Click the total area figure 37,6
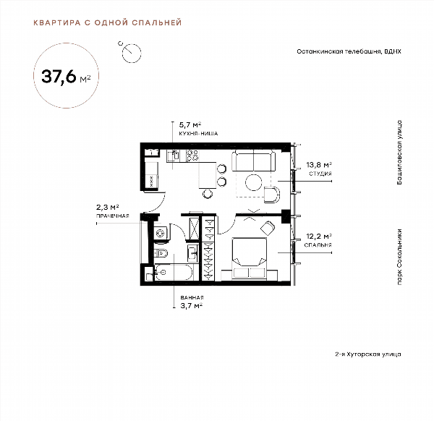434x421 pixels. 59,76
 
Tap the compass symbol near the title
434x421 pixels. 131,52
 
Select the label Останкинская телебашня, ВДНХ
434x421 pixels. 349,51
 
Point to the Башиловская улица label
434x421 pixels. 399,152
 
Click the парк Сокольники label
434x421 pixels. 399,257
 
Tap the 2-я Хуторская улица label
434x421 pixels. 368,354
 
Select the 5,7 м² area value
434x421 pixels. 190,124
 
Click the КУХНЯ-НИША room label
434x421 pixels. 198,133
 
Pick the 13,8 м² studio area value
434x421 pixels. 319,165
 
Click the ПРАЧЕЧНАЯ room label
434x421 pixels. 112,216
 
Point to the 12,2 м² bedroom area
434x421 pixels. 319,237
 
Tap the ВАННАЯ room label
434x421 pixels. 192,297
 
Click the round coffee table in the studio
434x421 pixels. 254,182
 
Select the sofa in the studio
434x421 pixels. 254,161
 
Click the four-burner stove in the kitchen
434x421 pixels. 192,156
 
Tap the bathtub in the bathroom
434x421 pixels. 174,273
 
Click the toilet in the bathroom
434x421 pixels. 161,253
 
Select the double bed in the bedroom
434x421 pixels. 250,258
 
